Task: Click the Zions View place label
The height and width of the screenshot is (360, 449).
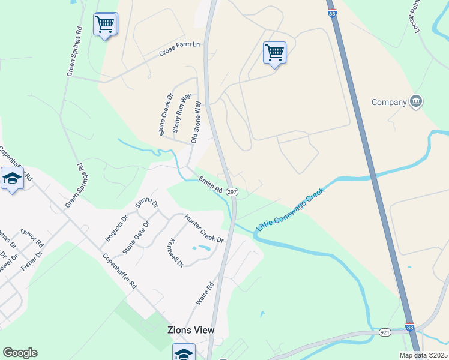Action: pyautogui.click(x=190, y=330)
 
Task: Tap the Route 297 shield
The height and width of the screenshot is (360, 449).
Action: pyautogui.click(x=233, y=191)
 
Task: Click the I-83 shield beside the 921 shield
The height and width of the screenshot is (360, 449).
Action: pyautogui.click(x=409, y=327)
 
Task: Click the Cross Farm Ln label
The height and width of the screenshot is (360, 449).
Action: pyautogui.click(x=179, y=53)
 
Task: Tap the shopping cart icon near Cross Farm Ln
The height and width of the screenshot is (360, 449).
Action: pyautogui.click(x=105, y=25)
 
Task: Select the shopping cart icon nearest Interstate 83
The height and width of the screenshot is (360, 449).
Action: pyautogui.click(x=274, y=52)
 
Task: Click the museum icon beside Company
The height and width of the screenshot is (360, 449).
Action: pyautogui.click(x=415, y=102)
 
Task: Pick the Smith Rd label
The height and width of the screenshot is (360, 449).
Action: pyautogui.click(x=211, y=184)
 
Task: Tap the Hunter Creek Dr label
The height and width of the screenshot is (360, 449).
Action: pyautogui.click(x=204, y=229)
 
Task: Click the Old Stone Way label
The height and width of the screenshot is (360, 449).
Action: pyautogui.click(x=196, y=122)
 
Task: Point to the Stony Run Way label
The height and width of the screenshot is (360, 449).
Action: pyautogui.click(x=181, y=113)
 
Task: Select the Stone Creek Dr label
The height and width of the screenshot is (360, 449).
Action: pyautogui.click(x=166, y=114)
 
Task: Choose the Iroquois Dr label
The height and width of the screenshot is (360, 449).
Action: pyautogui.click(x=116, y=228)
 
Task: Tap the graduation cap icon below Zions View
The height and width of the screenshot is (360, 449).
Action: pyautogui.click(x=184, y=352)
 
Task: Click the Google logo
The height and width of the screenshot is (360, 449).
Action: pyautogui.click(x=20, y=353)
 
